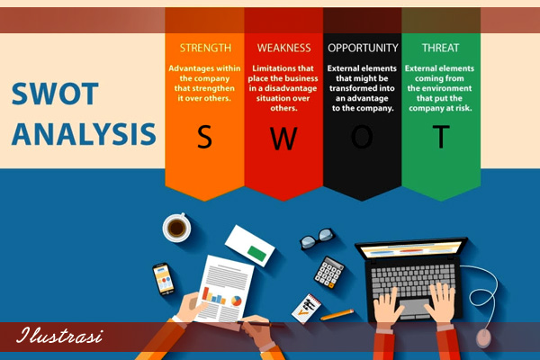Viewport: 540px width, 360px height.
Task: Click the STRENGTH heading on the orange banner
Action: coord(205,48)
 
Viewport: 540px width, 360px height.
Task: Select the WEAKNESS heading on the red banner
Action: coord(283,48)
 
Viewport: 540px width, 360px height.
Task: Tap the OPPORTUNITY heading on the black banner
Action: coord(363,48)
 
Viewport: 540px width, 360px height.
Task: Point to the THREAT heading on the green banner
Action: coord(440,48)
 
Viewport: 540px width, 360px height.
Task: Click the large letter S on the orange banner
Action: coord(204,137)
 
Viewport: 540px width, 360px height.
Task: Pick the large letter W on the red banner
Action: coord(283,139)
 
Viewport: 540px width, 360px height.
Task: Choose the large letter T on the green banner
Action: coord(441,137)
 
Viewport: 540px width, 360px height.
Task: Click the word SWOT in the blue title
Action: coord(55,94)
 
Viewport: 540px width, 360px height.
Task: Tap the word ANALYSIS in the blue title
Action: coord(84,134)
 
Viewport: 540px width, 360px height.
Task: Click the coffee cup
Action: coord(176,228)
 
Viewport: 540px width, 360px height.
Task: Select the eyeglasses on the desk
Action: coord(317,238)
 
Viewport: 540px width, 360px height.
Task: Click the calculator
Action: coord(328,273)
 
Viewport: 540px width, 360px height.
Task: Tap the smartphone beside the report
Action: coord(163,279)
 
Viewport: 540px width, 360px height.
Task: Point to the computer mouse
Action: coord(484,338)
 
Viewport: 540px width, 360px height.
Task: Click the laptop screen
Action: coord(411,249)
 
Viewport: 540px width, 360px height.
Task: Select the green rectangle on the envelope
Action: coord(256,253)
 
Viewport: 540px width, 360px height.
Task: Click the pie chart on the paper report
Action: coord(236,301)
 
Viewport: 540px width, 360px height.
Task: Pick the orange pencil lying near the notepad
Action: coord(337,315)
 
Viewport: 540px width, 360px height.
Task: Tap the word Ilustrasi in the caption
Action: coord(59,335)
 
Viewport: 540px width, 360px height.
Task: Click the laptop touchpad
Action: coord(414,308)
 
